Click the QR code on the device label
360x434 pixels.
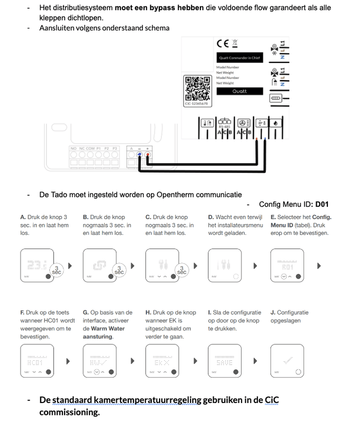point(198,87)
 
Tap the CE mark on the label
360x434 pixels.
point(223,44)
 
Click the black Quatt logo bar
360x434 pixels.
point(239,91)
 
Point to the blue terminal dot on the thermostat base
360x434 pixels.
point(139,154)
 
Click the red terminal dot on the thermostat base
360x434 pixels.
point(148,154)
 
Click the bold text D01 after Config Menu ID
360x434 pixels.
point(322,205)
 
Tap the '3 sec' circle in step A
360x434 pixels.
point(56,269)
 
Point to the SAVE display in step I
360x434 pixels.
point(224,361)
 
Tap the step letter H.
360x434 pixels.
point(148,312)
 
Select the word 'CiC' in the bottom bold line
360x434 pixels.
point(271,400)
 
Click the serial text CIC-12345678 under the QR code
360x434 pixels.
point(197,103)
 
